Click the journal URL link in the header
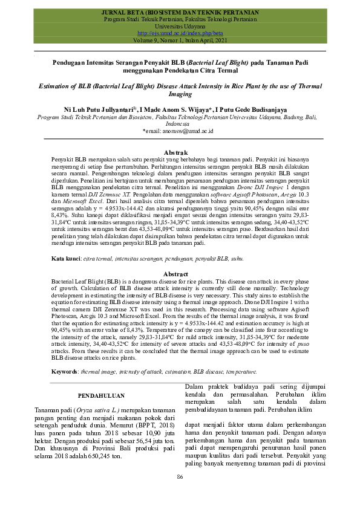(180, 34)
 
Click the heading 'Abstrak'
(180, 152)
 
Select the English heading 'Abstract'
(180, 274)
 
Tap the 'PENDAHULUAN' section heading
(102, 395)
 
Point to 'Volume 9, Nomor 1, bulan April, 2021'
(180, 41)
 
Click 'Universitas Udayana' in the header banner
(180, 27)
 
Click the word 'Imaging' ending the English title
(180, 95)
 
